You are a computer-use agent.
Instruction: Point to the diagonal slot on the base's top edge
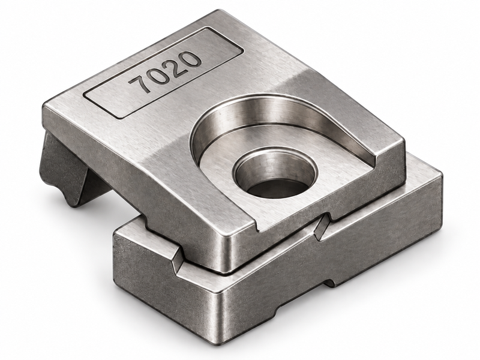click(322, 226)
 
